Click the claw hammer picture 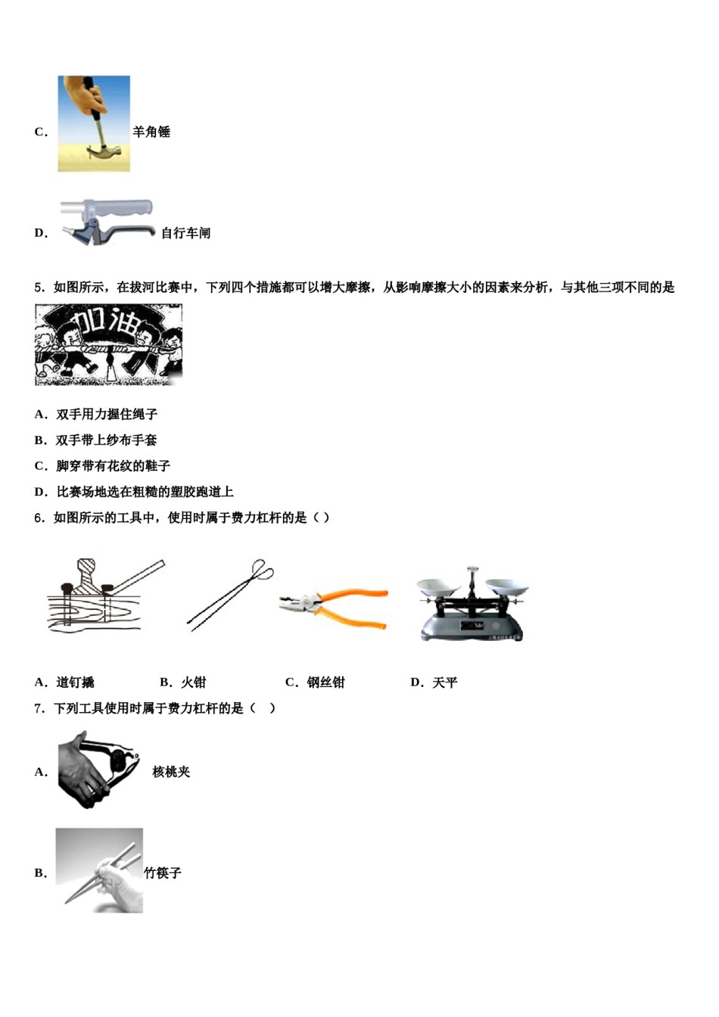[x=94, y=123]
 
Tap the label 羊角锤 [x=151, y=132]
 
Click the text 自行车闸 [x=185, y=233]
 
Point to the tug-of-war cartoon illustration [x=108, y=344]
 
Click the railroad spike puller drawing [x=104, y=595]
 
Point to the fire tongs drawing [x=229, y=595]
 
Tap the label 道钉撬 [x=75, y=683]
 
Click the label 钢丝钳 [x=325, y=683]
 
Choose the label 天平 [x=444, y=683]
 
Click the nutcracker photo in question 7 [x=98, y=770]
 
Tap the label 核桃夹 [x=171, y=772]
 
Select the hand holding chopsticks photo [x=99, y=870]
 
